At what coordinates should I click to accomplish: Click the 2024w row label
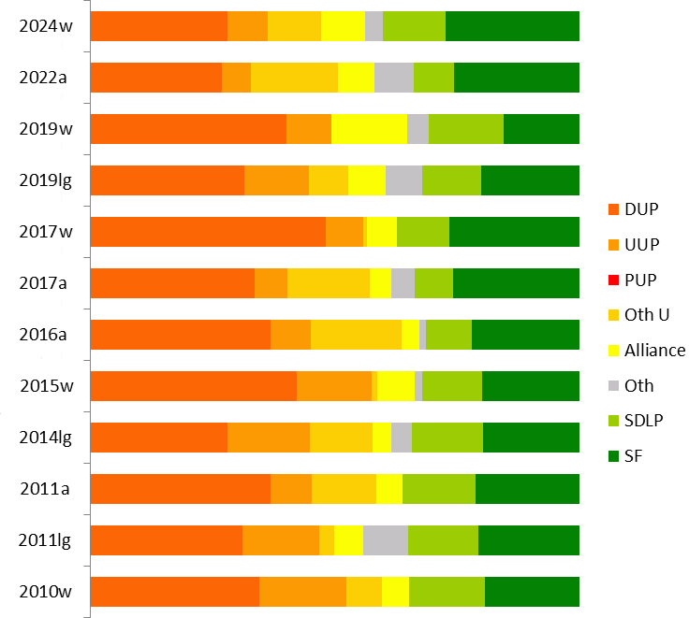(x=46, y=26)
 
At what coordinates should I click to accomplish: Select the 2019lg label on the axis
(x=46, y=180)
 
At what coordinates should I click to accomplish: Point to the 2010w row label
(x=46, y=592)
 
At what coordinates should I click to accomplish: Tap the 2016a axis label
(x=46, y=335)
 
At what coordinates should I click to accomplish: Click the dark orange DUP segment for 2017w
(x=208, y=232)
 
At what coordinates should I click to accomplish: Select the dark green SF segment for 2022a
(x=517, y=78)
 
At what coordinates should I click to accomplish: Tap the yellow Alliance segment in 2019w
(x=369, y=129)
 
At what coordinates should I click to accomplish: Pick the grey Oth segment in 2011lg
(x=385, y=540)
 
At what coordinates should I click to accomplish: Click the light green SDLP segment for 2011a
(x=439, y=489)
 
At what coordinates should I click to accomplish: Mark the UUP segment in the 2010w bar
(x=302, y=592)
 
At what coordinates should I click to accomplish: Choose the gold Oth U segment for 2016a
(x=356, y=335)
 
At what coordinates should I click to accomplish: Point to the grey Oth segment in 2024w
(x=374, y=26)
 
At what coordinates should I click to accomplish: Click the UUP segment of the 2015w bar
(x=334, y=386)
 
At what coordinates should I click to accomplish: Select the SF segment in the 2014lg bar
(x=531, y=438)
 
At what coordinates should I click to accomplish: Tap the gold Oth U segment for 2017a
(x=329, y=283)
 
